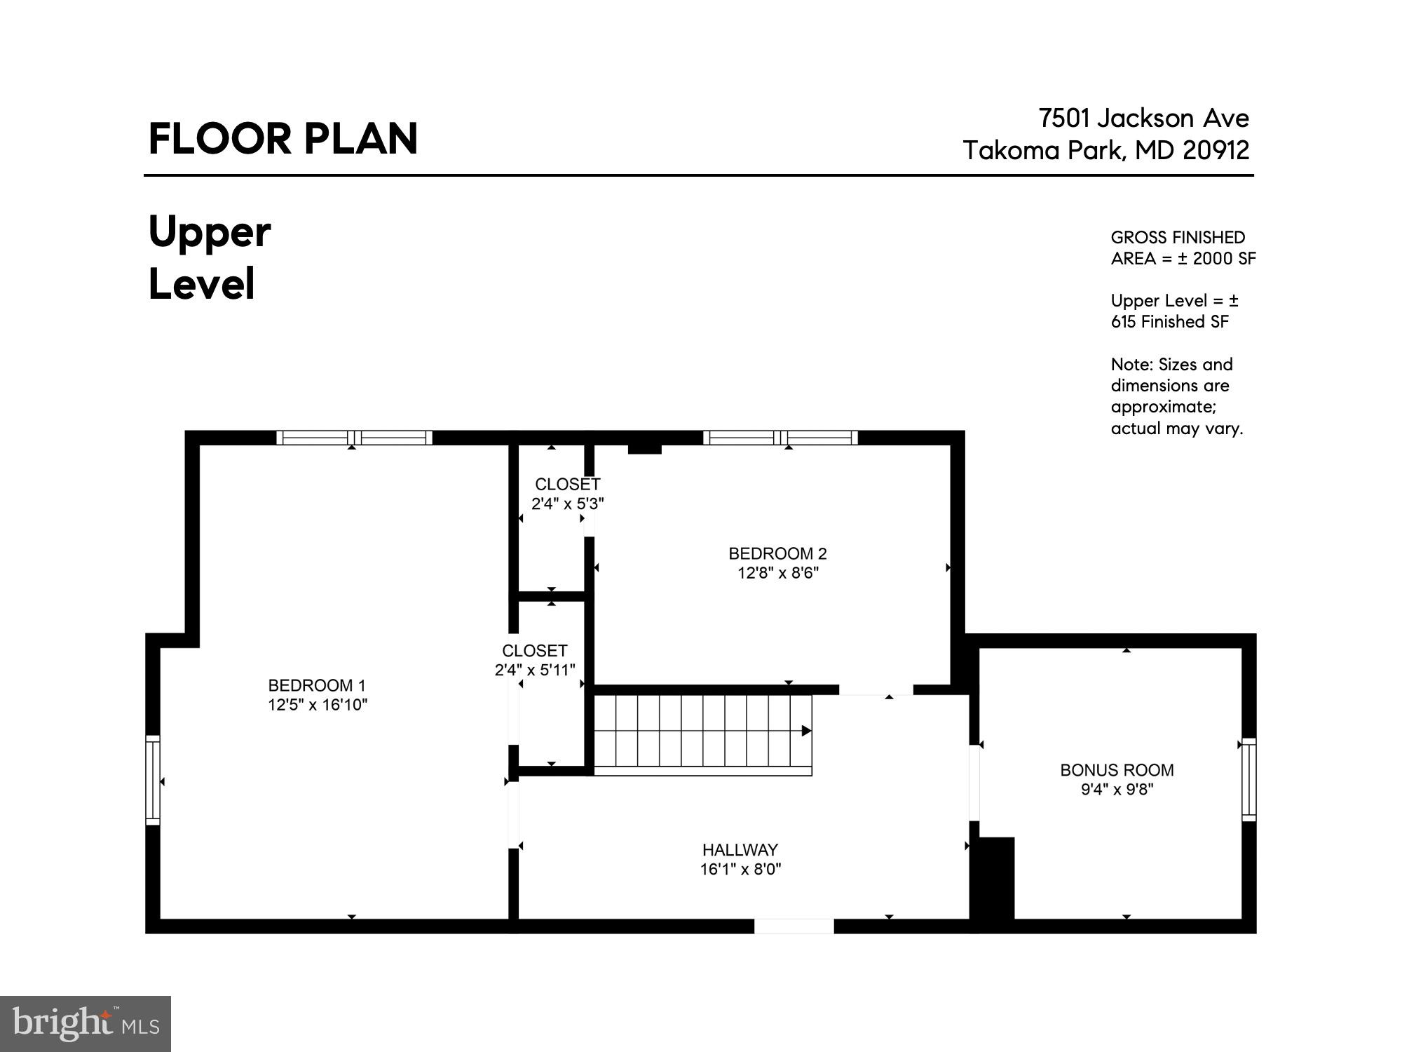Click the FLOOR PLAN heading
click(283, 139)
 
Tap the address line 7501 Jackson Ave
click(1143, 119)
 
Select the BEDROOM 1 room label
click(317, 685)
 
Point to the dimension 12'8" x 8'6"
click(777, 573)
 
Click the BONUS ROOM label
click(1117, 770)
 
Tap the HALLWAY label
click(740, 850)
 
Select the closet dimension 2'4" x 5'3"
click(567, 504)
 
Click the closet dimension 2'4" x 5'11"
click(535, 670)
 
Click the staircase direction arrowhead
click(806, 731)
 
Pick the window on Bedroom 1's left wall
click(153, 779)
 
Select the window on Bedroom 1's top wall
click(354, 438)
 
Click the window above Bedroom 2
click(780, 438)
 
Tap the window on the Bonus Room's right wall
click(1248, 779)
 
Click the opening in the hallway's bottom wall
click(794, 926)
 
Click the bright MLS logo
click(85, 1024)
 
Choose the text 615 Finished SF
click(1169, 322)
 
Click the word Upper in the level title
click(210, 233)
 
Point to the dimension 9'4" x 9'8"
click(1117, 790)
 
